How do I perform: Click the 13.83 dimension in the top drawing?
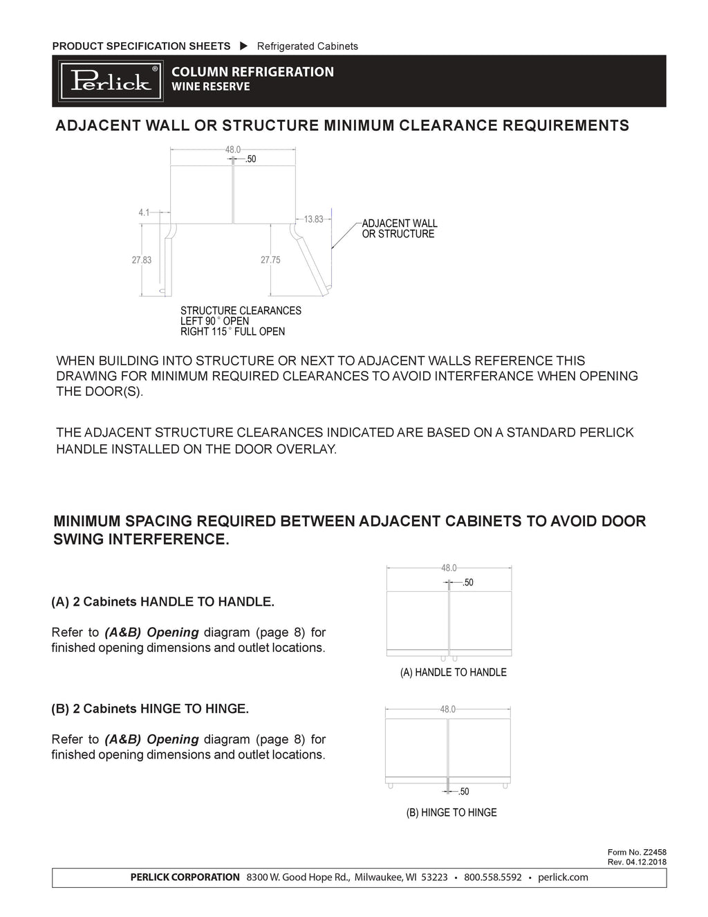click(x=314, y=219)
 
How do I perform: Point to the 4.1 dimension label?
click(x=144, y=213)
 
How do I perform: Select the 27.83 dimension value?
click(x=141, y=260)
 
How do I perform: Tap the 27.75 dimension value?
click(x=270, y=260)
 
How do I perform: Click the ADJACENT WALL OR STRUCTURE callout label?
click(x=400, y=229)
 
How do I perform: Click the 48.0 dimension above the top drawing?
click(x=233, y=149)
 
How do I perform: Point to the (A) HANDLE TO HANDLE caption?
click(x=453, y=672)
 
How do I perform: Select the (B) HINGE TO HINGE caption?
click(x=451, y=812)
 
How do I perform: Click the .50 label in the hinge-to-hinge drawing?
click(x=463, y=792)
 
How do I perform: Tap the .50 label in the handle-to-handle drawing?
click(x=468, y=583)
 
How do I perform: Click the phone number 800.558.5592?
click(x=492, y=878)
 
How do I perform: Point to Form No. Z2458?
click(x=636, y=853)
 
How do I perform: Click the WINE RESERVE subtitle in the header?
click(x=210, y=87)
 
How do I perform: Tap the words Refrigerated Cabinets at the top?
click(x=308, y=46)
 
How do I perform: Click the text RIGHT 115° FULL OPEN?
click(x=232, y=332)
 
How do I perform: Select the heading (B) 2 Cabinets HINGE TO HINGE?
click(x=150, y=709)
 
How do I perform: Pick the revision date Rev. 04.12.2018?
click(x=636, y=862)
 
